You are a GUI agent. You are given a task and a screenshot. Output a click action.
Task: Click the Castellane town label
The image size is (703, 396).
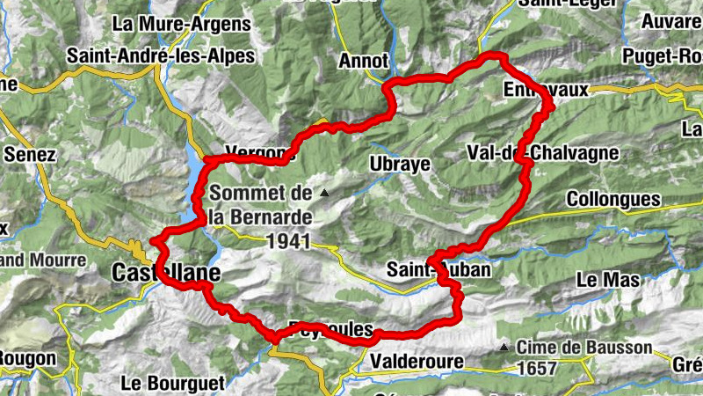coord(165,275)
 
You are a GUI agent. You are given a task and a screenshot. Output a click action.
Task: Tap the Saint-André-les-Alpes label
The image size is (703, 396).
coord(161,56)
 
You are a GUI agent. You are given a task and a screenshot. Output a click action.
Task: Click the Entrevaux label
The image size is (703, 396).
coord(546,90)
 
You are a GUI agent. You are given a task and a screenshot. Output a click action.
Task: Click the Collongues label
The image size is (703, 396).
coord(612,200)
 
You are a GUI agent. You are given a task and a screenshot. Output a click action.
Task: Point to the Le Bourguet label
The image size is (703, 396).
coord(174,383)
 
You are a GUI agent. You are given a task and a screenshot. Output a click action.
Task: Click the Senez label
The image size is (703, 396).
coord(30,155)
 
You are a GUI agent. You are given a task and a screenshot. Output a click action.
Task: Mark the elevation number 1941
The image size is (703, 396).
coord(287,240)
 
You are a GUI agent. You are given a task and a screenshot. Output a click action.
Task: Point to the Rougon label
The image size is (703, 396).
coord(26,359)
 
